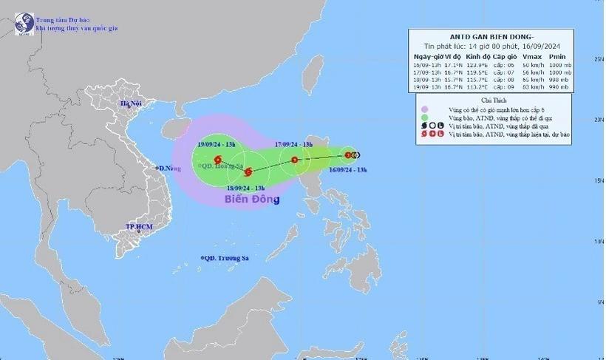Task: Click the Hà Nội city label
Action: pos(131,104)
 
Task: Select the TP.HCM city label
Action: pos(138,226)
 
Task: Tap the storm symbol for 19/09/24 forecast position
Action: pos(217,160)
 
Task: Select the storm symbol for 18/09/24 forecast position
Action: pos(248,173)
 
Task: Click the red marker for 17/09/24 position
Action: pos(294,160)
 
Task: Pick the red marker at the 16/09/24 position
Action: pos(348,155)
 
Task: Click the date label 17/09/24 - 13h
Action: pos(295,144)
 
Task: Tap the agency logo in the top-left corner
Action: pos(24,22)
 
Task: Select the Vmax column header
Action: pos(531,56)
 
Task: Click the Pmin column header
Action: pos(557,56)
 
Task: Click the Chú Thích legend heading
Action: pos(491,100)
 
